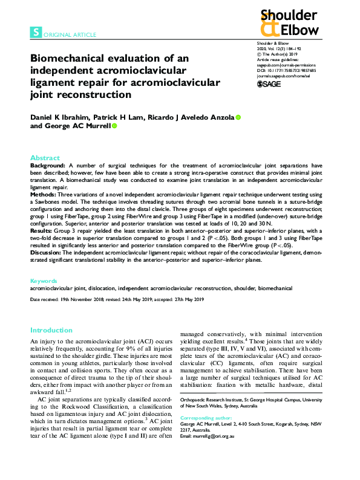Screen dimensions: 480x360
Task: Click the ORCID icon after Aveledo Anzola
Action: coord(238,116)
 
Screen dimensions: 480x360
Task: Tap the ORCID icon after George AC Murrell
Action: coord(114,126)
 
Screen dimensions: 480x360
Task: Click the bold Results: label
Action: coord(44,230)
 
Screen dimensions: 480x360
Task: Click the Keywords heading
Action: coord(44,281)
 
